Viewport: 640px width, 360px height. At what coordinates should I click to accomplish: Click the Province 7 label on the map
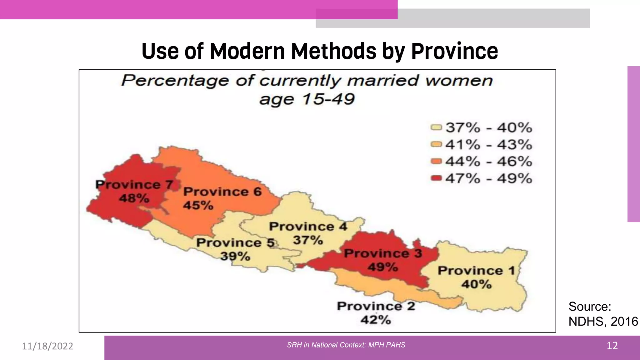pos(134,185)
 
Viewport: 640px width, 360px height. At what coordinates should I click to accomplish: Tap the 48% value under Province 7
pos(134,198)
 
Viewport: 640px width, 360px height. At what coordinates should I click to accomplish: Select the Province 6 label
pos(222,192)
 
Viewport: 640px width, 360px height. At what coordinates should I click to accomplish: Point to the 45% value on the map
pos(198,205)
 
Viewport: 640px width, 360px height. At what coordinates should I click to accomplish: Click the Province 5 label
pos(235,242)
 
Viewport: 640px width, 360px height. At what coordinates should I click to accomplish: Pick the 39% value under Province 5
pos(235,256)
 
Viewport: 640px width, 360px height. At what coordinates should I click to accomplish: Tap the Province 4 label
pos(308,226)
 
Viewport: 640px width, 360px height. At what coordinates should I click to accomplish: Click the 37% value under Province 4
pos(308,240)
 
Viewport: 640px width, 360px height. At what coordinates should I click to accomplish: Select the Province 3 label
pos(383,253)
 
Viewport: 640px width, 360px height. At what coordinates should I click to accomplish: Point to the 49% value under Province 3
pos(383,267)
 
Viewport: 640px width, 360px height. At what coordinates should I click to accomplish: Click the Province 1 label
pos(476,271)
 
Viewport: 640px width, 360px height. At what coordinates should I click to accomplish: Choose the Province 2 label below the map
pos(376,306)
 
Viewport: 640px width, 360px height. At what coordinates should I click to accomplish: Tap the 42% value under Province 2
pos(376,320)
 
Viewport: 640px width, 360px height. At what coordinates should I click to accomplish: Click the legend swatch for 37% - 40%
pos(436,127)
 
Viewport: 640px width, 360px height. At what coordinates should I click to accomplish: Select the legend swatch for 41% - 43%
pos(436,144)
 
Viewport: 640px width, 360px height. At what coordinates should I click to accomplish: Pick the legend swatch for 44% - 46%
pos(436,161)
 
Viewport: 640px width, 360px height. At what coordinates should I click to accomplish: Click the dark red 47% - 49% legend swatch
pos(436,178)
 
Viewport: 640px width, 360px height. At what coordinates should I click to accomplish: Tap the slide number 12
pos(612,346)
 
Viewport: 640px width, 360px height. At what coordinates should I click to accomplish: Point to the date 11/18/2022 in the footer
pos(47,346)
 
